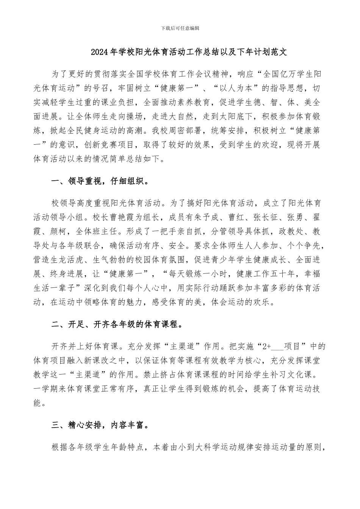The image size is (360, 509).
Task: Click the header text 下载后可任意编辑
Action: click(x=180, y=28)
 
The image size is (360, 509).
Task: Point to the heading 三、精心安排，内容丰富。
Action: click(x=100, y=425)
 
